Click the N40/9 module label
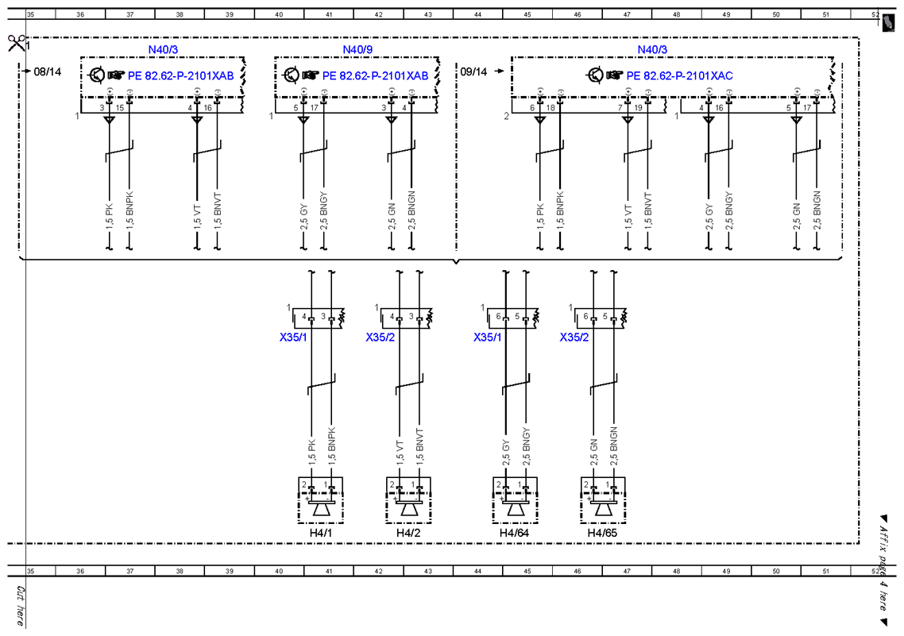tap(357, 49)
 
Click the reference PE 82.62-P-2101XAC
tap(680, 75)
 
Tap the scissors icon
tap(16, 43)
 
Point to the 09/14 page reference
tap(473, 71)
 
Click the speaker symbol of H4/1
tap(321, 509)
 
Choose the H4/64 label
tap(514, 533)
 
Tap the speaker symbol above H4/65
tap(603, 509)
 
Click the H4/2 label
tap(408, 533)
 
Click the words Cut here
tap(20, 606)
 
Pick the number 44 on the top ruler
tap(477, 14)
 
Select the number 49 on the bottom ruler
tap(726, 571)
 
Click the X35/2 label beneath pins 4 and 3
tap(381, 337)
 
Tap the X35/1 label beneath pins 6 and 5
tap(488, 337)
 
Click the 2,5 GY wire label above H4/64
tap(506, 453)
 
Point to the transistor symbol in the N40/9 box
tap(292, 75)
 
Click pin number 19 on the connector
tap(638, 108)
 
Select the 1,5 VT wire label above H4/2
tap(400, 453)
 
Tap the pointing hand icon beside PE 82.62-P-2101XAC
tap(615, 75)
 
